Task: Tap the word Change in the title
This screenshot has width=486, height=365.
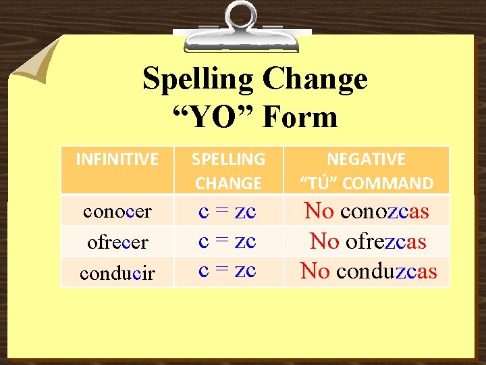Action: click(x=315, y=80)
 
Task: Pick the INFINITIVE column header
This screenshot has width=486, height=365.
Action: click(x=117, y=160)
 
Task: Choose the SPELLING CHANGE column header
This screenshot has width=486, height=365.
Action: click(x=228, y=171)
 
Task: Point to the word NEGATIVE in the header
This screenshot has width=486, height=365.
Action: click(x=367, y=160)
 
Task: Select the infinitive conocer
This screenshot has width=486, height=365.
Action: click(x=117, y=212)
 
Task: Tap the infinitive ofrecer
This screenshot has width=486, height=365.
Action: click(x=117, y=242)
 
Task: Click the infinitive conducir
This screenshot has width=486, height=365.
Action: click(x=117, y=273)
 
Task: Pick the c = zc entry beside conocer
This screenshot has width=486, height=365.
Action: click(x=227, y=211)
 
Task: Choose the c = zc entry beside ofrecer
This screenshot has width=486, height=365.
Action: click(x=227, y=240)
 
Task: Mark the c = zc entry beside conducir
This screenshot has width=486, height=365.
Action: click(x=227, y=269)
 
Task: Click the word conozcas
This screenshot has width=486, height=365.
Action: click(x=385, y=212)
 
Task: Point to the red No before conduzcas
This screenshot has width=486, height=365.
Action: click(x=315, y=271)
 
